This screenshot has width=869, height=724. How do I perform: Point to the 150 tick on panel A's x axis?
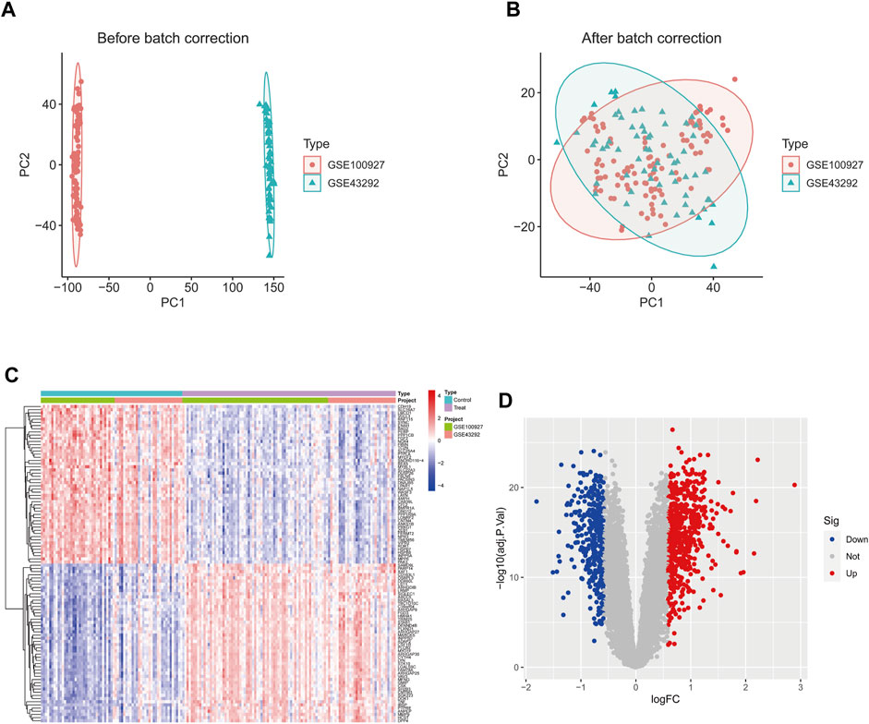[x=273, y=289]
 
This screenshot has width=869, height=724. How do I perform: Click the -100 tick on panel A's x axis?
[x=66, y=289]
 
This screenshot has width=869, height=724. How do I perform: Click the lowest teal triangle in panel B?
[x=714, y=266]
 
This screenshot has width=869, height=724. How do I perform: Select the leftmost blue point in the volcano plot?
[x=537, y=501]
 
